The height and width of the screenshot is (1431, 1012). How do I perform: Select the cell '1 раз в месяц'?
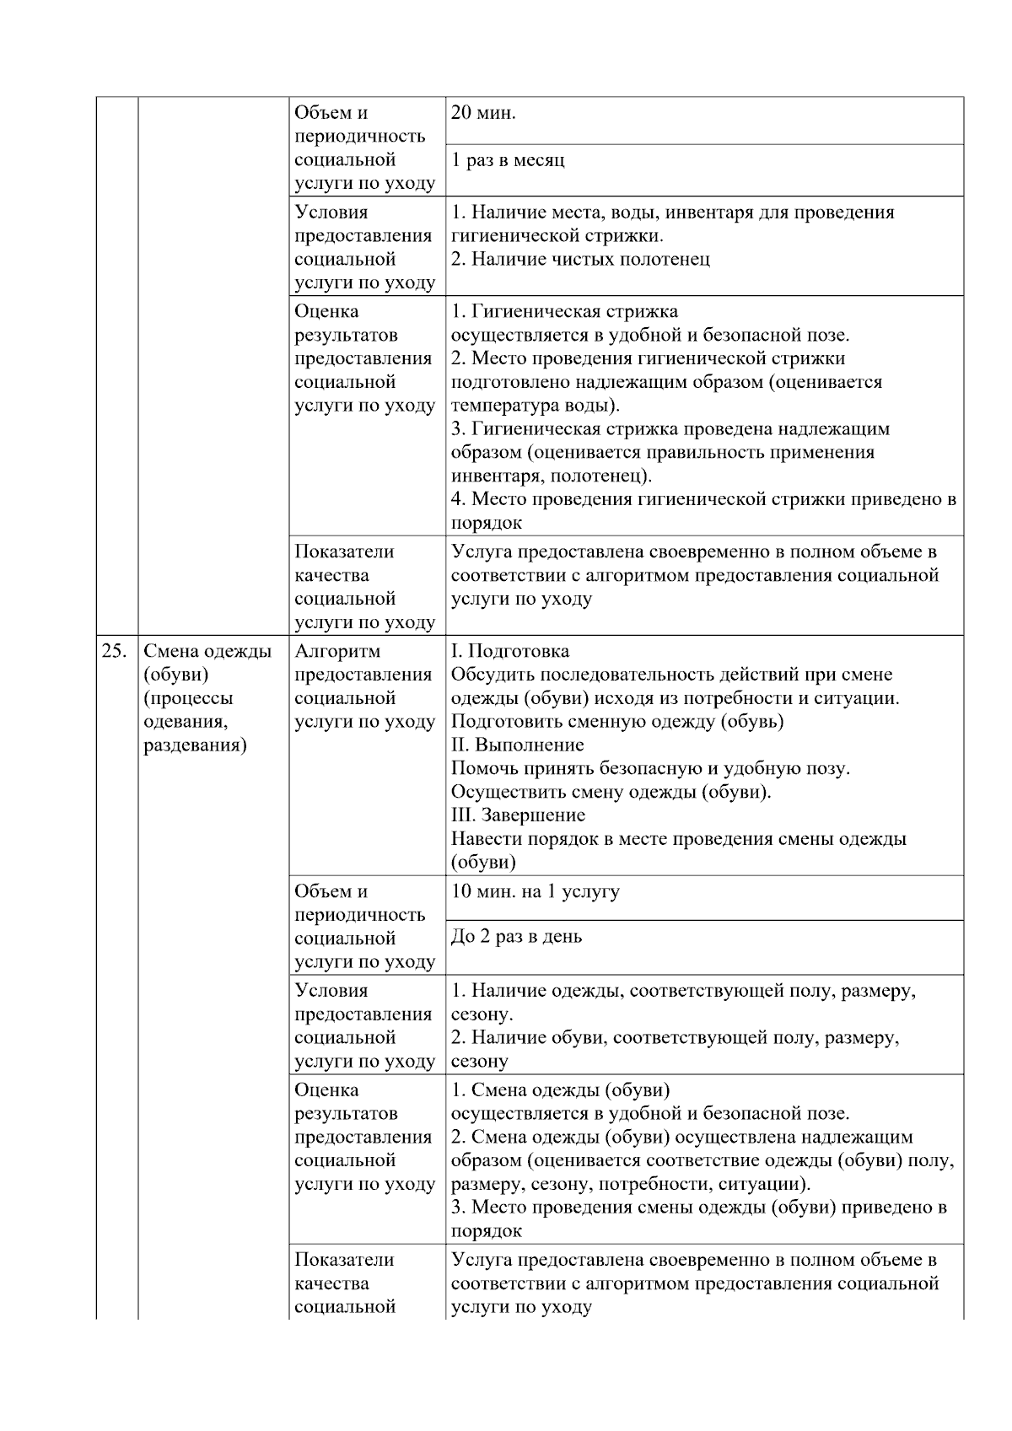(508, 160)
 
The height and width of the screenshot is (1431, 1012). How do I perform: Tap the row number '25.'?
(115, 651)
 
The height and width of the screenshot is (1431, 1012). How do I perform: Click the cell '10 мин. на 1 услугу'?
(536, 891)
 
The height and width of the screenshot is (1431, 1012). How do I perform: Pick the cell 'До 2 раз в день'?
(516, 937)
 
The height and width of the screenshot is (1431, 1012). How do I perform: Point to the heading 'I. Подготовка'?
(510, 651)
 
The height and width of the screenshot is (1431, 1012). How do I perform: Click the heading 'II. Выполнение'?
(518, 745)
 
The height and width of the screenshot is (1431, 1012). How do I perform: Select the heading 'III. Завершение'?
(518, 815)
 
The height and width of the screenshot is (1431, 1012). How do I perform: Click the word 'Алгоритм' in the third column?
(337, 651)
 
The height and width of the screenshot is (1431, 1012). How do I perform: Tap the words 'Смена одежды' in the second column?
(207, 651)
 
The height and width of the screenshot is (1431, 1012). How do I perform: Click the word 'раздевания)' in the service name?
(196, 745)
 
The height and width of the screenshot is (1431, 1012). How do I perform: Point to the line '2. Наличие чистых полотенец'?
(580, 259)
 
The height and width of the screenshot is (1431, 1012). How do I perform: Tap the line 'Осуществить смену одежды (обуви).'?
(611, 792)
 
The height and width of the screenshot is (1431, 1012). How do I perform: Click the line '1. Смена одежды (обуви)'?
(561, 1089)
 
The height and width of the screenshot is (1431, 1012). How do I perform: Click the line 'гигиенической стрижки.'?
(557, 235)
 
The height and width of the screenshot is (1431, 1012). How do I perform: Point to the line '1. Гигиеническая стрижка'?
(564, 311)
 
